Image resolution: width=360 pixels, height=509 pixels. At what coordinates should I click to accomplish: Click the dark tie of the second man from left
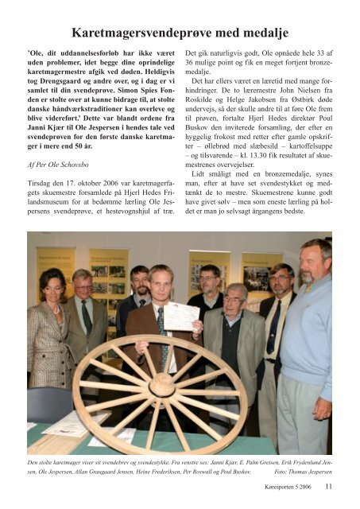[x=86, y=316]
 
